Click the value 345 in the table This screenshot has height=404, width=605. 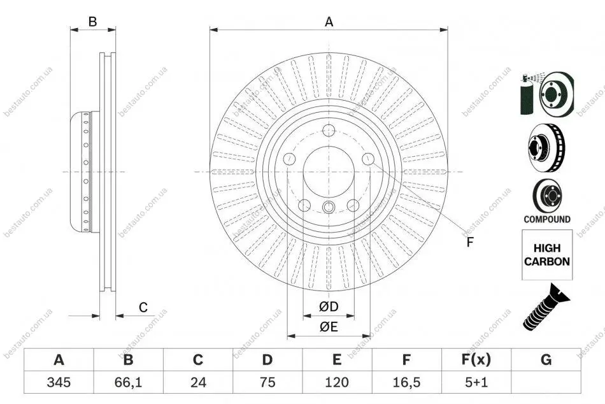(59, 382)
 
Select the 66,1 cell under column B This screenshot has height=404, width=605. (128, 382)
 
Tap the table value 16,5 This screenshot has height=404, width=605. (406, 382)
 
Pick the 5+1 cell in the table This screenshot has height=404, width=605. (476, 382)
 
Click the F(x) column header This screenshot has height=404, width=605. (476, 359)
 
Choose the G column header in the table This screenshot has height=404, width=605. (546, 359)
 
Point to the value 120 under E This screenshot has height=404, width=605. (337, 382)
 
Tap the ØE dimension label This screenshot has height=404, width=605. (329, 327)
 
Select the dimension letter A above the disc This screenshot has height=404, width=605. (329, 22)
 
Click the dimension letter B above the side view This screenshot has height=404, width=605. (92, 22)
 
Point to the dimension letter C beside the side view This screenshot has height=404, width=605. (143, 307)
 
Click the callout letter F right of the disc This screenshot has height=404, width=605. (469, 242)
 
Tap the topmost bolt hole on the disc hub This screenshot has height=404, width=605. (329, 131)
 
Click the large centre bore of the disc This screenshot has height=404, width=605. (329, 172)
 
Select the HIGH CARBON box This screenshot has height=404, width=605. (547, 255)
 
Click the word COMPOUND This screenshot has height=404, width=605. (547, 219)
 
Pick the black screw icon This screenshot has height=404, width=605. (546, 307)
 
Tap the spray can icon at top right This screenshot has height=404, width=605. (527, 95)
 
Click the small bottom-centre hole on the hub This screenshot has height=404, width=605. (328, 207)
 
